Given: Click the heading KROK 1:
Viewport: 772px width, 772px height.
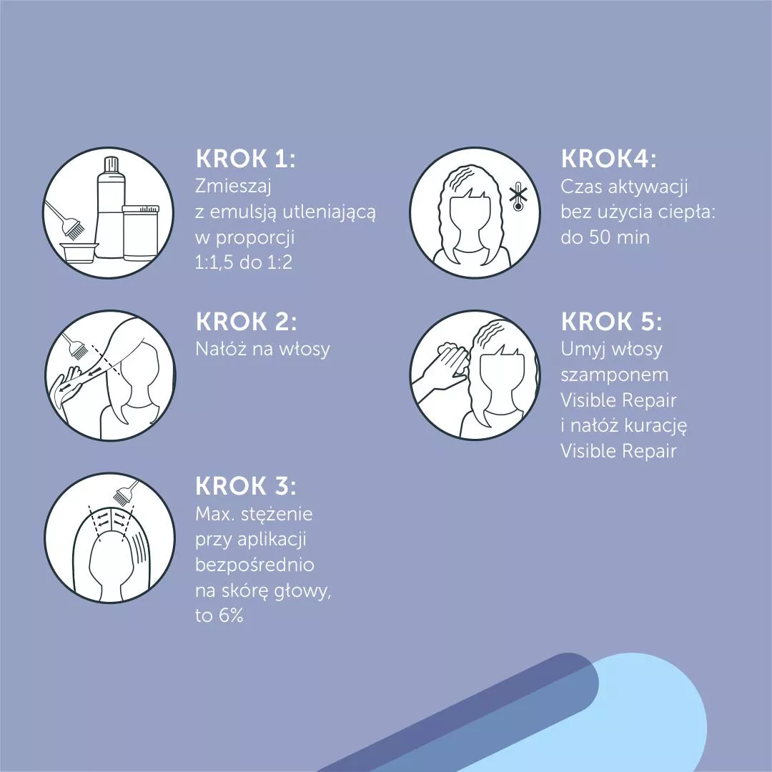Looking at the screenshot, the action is point(245,159).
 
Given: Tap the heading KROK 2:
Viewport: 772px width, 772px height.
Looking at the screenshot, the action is point(246,322).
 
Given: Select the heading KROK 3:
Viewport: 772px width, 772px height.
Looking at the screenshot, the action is point(246,486).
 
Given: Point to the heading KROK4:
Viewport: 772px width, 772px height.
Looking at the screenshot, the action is point(608,159).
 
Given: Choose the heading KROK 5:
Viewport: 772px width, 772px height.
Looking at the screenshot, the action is point(611,322).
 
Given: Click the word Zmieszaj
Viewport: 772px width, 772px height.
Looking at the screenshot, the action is point(233,187).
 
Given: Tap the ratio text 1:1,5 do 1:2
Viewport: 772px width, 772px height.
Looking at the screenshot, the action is point(244,262).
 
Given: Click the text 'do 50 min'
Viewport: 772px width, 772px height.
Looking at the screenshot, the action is point(605,237).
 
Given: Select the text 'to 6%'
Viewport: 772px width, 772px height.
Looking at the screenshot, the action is point(219,615).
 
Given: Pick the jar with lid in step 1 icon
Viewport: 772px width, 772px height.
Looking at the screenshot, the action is point(141,232).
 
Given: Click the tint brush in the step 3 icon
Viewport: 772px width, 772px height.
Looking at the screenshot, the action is point(126,493).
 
